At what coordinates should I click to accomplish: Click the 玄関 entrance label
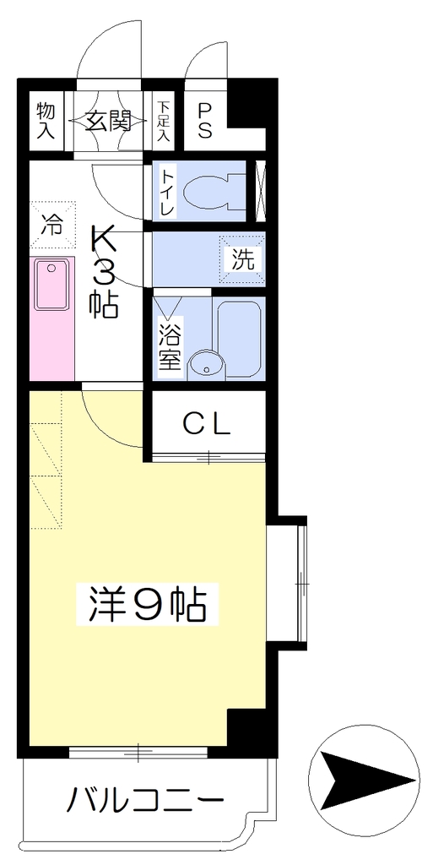click(x=108, y=120)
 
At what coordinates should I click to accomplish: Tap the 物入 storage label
click(x=46, y=119)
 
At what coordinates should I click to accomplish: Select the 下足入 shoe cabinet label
click(x=163, y=121)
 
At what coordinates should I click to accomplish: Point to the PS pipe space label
click(x=205, y=120)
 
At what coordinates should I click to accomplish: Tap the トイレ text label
click(x=168, y=193)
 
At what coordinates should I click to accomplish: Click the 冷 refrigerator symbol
click(x=53, y=224)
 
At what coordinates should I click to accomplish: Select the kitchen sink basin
click(x=51, y=285)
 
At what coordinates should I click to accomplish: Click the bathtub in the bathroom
click(x=239, y=340)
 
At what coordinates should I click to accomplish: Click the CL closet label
click(x=206, y=425)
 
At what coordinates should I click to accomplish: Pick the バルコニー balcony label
click(x=145, y=798)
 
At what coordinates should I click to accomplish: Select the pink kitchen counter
click(x=51, y=318)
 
